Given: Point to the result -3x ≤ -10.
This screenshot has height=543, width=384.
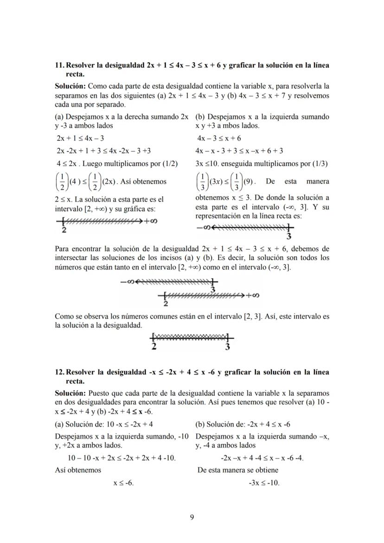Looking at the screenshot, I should point(264,483).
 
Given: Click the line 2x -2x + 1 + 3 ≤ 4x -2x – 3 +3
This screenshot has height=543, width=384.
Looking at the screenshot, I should point(103,151).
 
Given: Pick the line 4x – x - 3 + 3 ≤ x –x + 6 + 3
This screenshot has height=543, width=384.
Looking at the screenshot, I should point(240,151).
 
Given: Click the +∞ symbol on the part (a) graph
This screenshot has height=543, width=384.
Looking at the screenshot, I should point(151,221).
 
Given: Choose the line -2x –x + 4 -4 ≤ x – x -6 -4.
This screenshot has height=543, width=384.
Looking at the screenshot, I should point(262,458).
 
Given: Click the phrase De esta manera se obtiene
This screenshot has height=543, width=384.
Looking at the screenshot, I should point(238,470).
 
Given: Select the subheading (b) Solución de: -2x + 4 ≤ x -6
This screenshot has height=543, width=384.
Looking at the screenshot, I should point(243,424).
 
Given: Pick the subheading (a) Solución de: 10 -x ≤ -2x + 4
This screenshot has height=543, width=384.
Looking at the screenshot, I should point(104,424).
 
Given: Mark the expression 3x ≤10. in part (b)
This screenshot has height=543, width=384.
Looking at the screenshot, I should point(208,163).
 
